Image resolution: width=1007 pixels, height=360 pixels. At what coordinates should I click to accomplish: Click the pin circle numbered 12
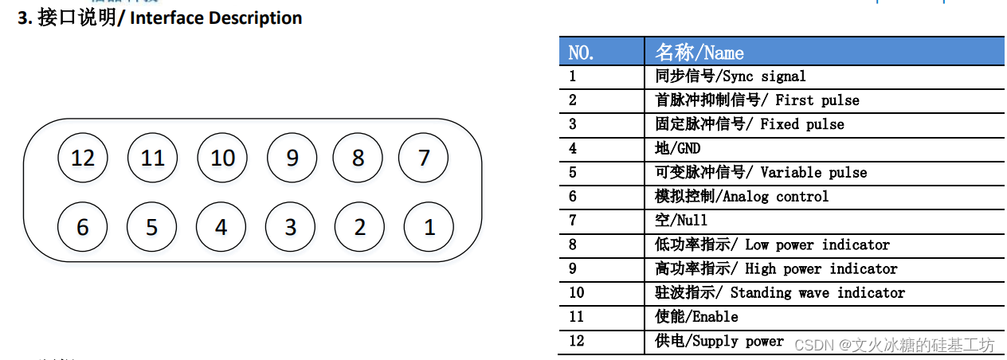pyautogui.click(x=83, y=158)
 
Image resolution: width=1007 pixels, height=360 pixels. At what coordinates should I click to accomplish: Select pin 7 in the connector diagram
pyautogui.click(x=423, y=158)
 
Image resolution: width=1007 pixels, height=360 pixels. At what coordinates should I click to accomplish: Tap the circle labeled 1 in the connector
pyautogui.click(x=429, y=227)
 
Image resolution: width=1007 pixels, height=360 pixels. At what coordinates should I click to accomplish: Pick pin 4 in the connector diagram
pyautogui.click(x=221, y=227)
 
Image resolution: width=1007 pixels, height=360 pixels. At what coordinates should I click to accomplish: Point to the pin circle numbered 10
pyautogui.click(x=222, y=158)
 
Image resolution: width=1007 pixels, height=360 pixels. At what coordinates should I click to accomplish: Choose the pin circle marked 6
pyautogui.click(x=82, y=227)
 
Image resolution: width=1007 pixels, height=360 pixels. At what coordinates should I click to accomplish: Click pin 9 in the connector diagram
pyautogui.click(x=292, y=158)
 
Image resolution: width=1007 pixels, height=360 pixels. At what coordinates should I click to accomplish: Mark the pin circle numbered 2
pyautogui.click(x=359, y=227)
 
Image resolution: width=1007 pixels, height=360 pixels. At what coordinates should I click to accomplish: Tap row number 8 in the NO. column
pyautogui.click(x=572, y=245)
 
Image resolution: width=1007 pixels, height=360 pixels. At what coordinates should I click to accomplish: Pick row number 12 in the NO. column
pyautogui.click(x=576, y=341)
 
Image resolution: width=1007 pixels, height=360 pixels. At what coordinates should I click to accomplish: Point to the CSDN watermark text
pyautogui.click(x=894, y=345)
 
